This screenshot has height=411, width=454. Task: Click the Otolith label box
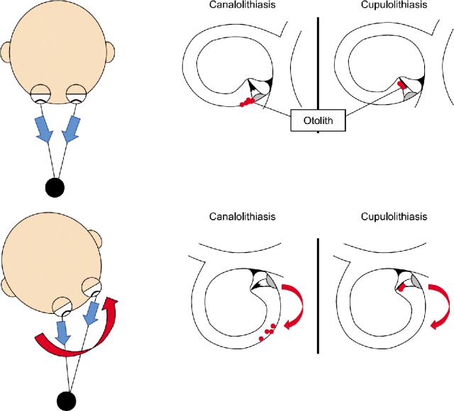318,121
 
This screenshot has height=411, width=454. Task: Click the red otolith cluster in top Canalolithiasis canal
247,103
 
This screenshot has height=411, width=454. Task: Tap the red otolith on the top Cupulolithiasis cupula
402,84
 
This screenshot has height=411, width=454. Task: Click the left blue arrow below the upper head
45,130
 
